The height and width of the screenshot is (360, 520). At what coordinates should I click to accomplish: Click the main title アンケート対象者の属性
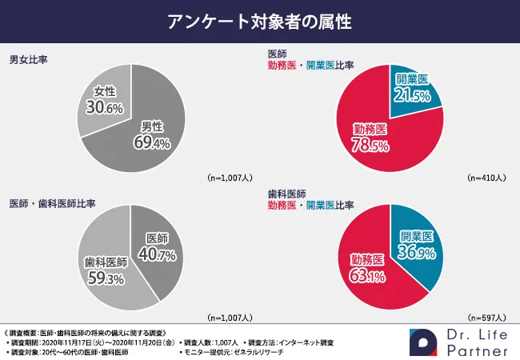tap(259, 22)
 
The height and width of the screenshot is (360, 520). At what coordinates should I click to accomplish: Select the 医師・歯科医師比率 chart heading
tap(52, 202)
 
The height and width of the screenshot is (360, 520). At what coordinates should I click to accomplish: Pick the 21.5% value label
tap(412, 95)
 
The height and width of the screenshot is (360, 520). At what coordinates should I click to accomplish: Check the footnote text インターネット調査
tap(303, 342)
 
